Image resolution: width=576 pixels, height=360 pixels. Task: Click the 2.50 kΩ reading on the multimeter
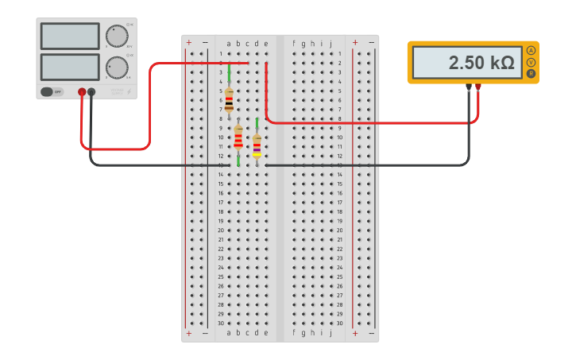tap(481, 63)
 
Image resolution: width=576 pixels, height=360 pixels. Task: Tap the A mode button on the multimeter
tap(531, 50)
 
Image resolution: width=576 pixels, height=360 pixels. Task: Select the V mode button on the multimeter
tap(531, 62)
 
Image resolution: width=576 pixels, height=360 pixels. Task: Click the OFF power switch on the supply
tap(52, 91)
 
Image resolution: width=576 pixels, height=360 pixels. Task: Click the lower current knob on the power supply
tap(117, 68)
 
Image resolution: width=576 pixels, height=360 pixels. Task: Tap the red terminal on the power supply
tap(82, 92)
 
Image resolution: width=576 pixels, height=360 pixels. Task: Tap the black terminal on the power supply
tap(91, 92)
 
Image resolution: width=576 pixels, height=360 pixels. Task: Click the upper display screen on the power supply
tap(70, 36)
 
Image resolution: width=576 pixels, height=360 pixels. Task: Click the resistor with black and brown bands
tap(229, 100)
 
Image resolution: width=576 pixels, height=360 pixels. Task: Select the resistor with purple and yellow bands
tap(257, 146)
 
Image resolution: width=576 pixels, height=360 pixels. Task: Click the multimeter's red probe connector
tap(478, 86)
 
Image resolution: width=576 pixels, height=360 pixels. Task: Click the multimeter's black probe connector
tap(469, 86)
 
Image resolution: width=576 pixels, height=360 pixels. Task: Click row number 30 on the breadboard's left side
tap(220, 323)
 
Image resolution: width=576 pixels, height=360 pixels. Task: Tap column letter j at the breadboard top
tap(331, 44)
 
